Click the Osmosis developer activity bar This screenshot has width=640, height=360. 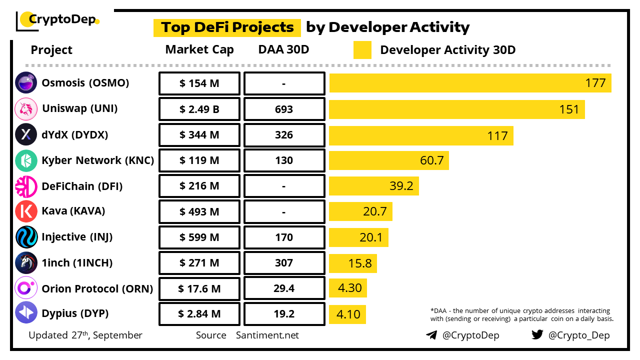(x=470, y=83)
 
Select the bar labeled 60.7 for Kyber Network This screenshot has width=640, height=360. (x=388, y=160)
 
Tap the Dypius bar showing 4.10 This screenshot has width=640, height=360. (x=347, y=314)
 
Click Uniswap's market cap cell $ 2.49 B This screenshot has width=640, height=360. (x=199, y=109)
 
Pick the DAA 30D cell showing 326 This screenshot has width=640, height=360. (x=284, y=135)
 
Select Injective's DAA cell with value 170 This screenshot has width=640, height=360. (x=284, y=237)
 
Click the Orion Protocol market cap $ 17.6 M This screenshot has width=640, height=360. (x=199, y=288)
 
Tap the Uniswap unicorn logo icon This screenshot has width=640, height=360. (x=26, y=109)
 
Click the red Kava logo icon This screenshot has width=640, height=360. (x=26, y=211)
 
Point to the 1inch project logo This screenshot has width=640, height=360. (x=26, y=263)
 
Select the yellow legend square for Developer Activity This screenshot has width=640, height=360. (x=362, y=50)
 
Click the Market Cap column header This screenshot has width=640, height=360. (x=199, y=50)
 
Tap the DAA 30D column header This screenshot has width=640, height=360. (x=284, y=50)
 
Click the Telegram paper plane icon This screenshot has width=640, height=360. (x=431, y=335)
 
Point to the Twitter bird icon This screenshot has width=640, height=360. (x=537, y=334)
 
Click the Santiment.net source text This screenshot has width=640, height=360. (x=267, y=335)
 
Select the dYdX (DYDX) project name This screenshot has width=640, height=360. (x=75, y=134)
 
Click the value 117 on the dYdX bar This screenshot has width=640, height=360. (x=497, y=135)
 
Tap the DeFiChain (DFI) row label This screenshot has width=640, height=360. (x=82, y=186)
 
